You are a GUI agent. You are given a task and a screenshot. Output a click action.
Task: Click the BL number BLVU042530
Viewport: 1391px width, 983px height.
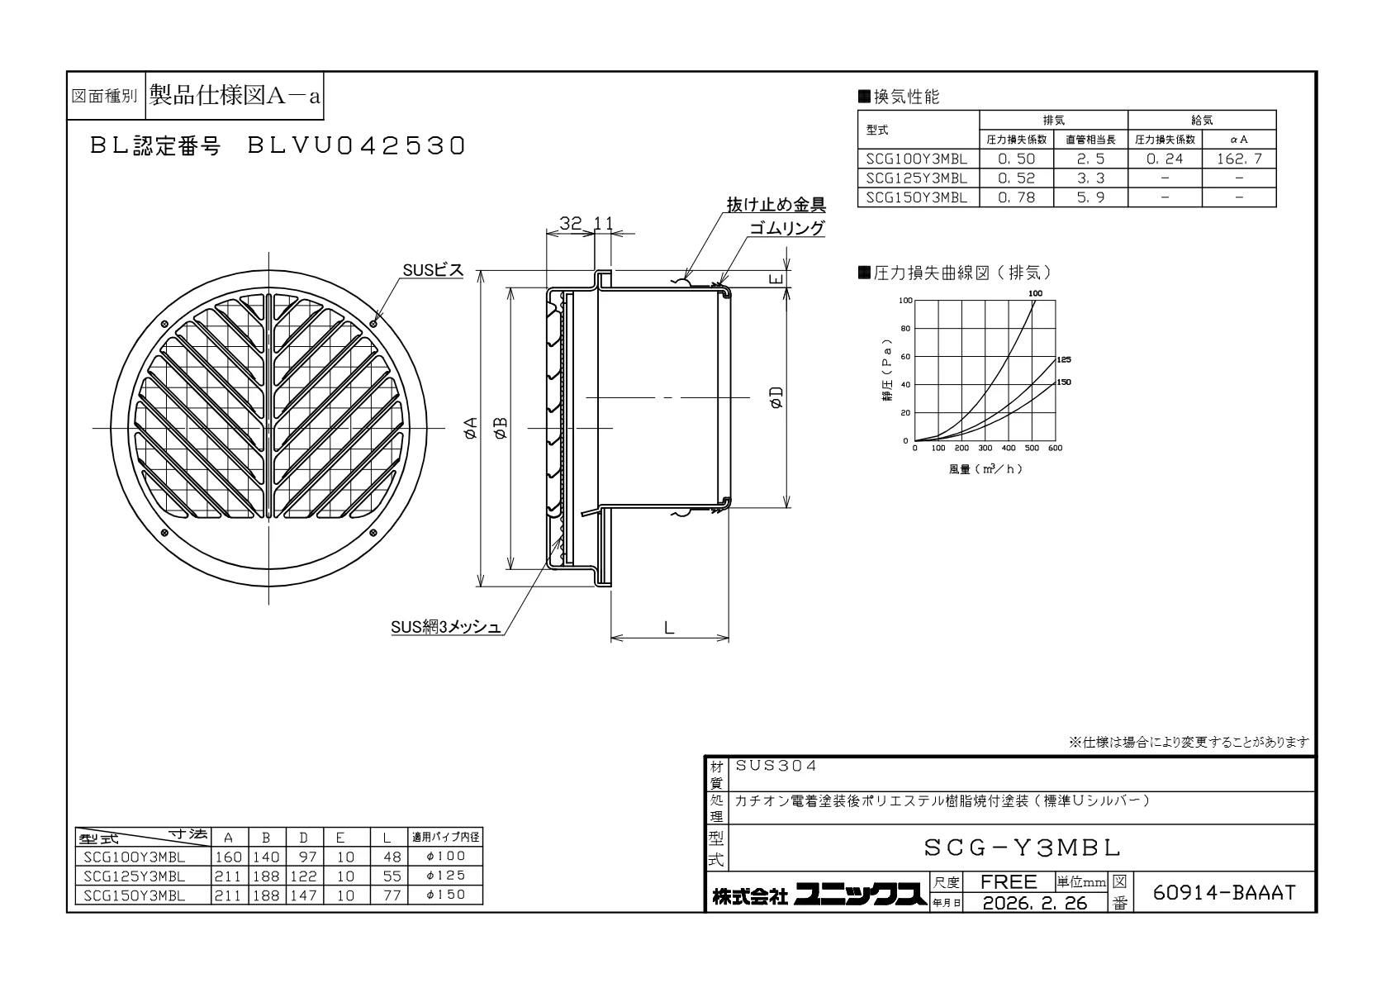coord(357,145)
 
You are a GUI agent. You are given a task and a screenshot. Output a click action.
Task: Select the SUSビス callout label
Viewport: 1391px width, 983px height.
coord(433,270)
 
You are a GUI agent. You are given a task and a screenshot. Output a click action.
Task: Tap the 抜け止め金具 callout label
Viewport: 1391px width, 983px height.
coord(776,204)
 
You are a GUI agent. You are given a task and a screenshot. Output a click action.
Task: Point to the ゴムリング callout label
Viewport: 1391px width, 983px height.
coord(787,228)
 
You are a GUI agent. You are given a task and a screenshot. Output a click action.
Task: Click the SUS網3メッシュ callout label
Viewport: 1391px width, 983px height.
coord(445,627)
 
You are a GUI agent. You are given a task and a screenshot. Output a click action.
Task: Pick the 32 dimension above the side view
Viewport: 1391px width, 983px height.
coord(571,223)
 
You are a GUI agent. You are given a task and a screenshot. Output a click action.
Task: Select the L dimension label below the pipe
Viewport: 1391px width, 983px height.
coord(669,628)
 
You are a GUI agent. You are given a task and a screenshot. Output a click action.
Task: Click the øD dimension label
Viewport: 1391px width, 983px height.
coord(776,397)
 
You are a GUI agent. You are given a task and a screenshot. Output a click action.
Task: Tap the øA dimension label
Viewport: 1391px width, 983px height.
coord(472,428)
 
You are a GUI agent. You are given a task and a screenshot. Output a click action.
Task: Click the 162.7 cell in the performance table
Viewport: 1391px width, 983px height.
coord(1239,159)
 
